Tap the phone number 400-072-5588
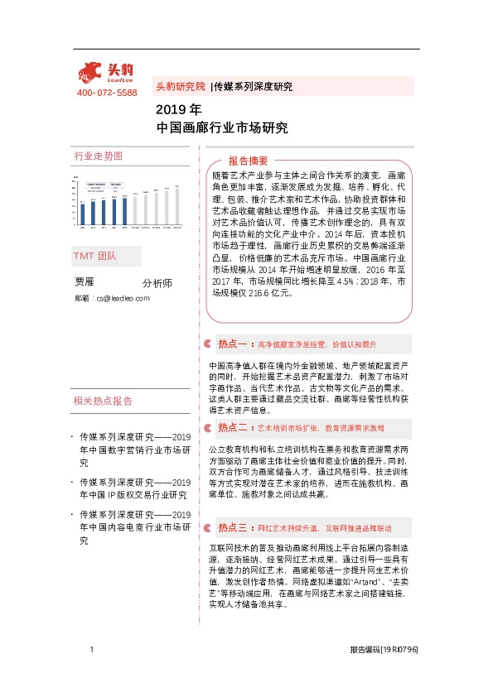[107, 93]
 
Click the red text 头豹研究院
[181, 86]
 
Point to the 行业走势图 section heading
[98, 156]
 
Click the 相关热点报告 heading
[103, 401]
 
